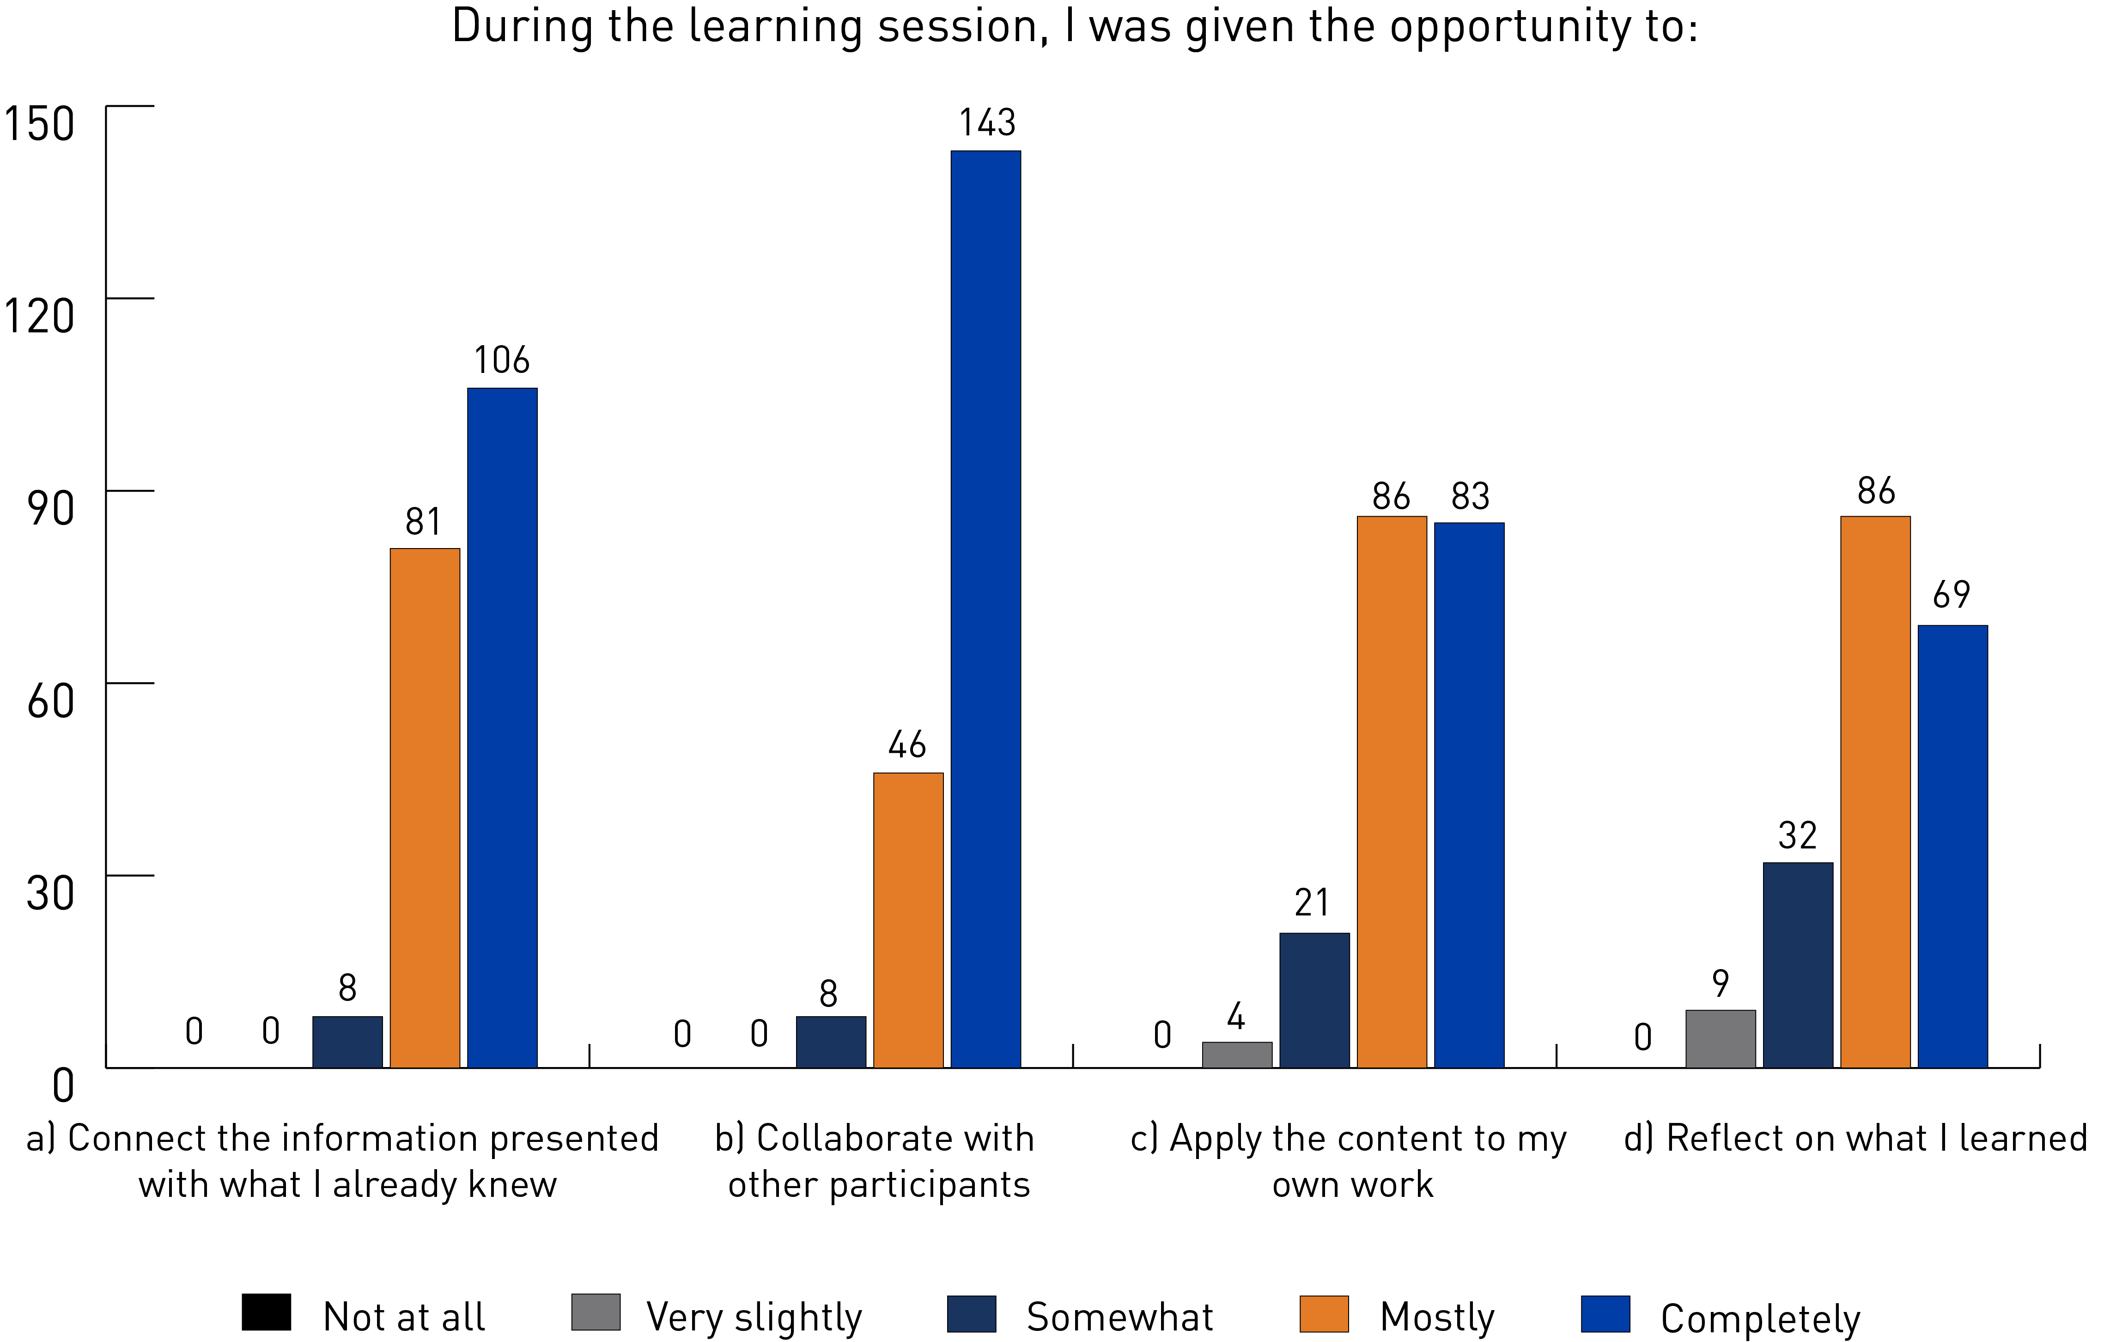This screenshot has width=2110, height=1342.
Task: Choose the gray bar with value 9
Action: click(x=1720, y=1039)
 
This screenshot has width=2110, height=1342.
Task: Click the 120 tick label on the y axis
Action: click(x=39, y=316)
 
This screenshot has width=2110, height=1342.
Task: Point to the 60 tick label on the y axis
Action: click(x=50, y=701)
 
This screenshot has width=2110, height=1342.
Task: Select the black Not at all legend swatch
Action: click(x=267, y=1312)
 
